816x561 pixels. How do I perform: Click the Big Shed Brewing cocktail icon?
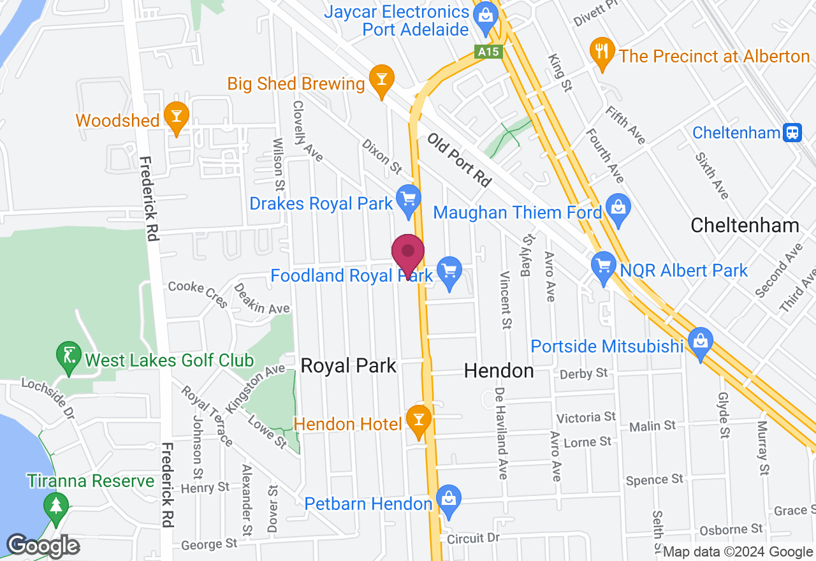pos(381,80)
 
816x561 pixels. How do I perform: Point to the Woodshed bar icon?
pos(175,116)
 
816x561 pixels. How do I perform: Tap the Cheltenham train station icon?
pos(793,133)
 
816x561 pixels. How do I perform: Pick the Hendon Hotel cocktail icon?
pos(419,419)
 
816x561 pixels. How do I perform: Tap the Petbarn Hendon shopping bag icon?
pos(449,499)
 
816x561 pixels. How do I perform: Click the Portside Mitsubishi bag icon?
pos(700,341)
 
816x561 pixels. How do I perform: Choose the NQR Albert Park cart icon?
pos(602,266)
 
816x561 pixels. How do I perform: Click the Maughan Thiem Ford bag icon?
pos(618,207)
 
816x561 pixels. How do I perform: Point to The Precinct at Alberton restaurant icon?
pos(602,52)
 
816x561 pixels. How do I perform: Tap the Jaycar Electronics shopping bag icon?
pos(486,15)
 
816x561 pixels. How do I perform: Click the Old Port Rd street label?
pos(459,159)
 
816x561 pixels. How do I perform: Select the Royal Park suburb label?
pos(348,366)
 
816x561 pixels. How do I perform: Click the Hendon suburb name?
pos(499,370)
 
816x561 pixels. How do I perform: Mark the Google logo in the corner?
pos(43,546)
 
